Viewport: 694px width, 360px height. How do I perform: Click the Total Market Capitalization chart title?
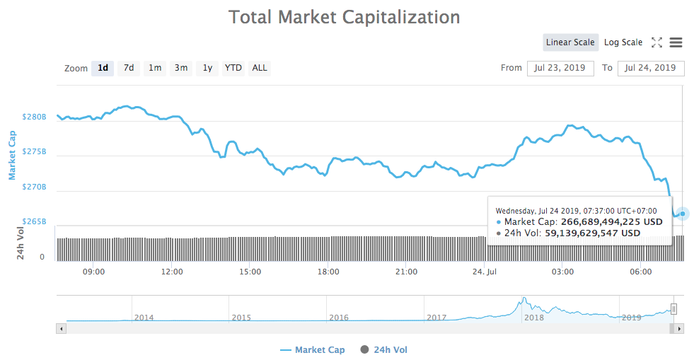[344, 17]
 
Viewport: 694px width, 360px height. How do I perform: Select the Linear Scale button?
[570, 42]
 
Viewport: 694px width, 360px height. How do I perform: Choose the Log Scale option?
[623, 42]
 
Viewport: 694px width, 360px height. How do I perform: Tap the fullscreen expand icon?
[657, 42]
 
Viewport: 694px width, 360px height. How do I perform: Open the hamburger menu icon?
[676, 42]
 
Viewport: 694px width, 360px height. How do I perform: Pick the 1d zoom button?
[103, 68]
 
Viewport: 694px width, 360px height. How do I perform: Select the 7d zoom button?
[129, 68]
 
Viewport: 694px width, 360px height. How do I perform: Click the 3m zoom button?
[181, 68]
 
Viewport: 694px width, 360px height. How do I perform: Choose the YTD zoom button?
[233, 68]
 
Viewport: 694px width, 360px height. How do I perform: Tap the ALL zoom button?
[260, 68]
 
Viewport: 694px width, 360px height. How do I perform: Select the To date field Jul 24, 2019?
[651, 68]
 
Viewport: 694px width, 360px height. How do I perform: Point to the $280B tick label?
[34, 117]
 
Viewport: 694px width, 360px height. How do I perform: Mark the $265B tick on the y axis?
[34, 221]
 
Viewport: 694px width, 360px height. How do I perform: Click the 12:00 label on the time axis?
[172, 272]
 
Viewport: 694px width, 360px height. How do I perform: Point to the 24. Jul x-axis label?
[484, 272]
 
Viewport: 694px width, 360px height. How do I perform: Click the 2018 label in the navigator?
[533, 318]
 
